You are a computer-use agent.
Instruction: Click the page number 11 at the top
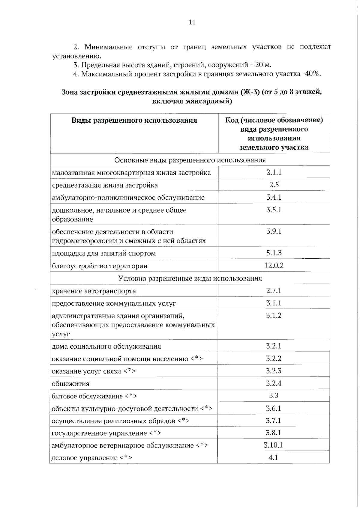[192, 22]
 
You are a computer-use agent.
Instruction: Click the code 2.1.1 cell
[274, 172]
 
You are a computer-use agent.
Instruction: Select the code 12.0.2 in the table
[274, 265]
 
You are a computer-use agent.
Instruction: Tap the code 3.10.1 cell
[273, 445]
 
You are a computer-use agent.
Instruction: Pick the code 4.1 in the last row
[273, 457]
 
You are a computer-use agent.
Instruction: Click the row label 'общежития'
[70, 384]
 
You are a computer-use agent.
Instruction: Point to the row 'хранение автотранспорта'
[94, 291]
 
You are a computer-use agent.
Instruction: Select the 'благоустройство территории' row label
[100, 266]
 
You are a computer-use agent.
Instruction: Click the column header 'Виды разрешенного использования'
[134, 121]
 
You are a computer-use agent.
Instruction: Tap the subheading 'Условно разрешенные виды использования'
[190, 278]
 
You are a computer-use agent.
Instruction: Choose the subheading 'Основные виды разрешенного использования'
[190, 160]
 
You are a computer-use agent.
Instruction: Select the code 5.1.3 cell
[274, 253]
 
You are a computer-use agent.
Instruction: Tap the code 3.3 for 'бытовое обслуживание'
[274, 395]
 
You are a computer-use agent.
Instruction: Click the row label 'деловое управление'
[85, 458]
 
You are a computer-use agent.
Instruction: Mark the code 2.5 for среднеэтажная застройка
[274, 185]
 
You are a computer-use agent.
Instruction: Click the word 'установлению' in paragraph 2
[76, 56]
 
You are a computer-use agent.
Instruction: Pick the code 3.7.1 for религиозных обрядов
[273, 420]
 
